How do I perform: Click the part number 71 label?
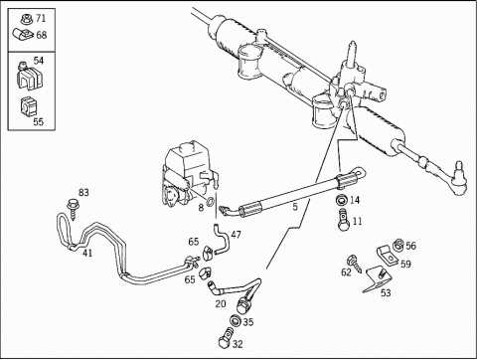(x=41, y=18)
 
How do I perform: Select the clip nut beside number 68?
(x=23, y=34)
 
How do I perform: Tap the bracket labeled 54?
(x=29, y=76)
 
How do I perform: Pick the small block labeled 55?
(x=29, y=106)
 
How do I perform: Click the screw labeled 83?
(x=72, y=209)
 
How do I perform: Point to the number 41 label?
(x=87, y=254)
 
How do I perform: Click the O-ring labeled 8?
(x=210, y=201)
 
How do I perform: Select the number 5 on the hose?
(x=295, y=207)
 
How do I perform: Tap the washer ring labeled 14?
(x=342, y=201)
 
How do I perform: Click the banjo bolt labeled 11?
(x=344, y=220)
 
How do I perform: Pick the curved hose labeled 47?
(x=222, y=239)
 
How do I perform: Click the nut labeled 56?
(x=398, y=246)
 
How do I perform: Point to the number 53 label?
(x=386, y=292)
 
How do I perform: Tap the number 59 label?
(x=405, y=264)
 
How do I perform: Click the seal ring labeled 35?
(x=236, y=320)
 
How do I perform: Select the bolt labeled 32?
(x=227, y=338)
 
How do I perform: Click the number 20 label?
(x=221, y=303)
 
